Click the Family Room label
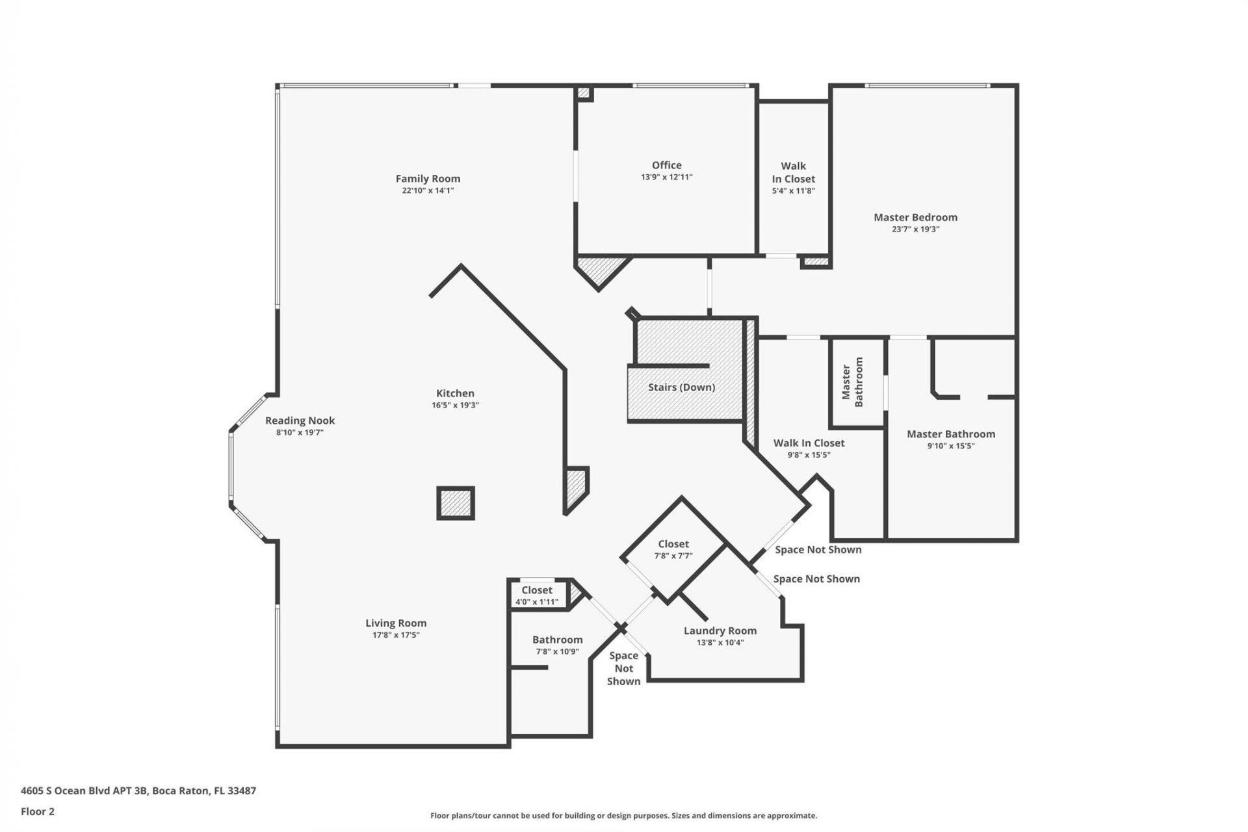[428, 179]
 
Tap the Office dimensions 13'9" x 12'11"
[666, 177]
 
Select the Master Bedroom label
[915, 217]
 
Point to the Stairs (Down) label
[681, 387]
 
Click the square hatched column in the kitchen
[455, 503]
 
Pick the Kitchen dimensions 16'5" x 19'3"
[455, 405]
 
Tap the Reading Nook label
[300, 421]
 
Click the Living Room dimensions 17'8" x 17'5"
[395, 635]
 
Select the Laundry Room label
[720, 630]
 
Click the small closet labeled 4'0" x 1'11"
[536, 595]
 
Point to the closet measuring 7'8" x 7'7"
[673, 549]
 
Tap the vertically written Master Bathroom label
[852, 382]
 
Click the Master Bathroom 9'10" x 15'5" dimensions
[950, 446]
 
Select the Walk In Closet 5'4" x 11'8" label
[793, 178]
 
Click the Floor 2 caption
[38, 811]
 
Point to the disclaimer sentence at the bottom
[623, 816]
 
